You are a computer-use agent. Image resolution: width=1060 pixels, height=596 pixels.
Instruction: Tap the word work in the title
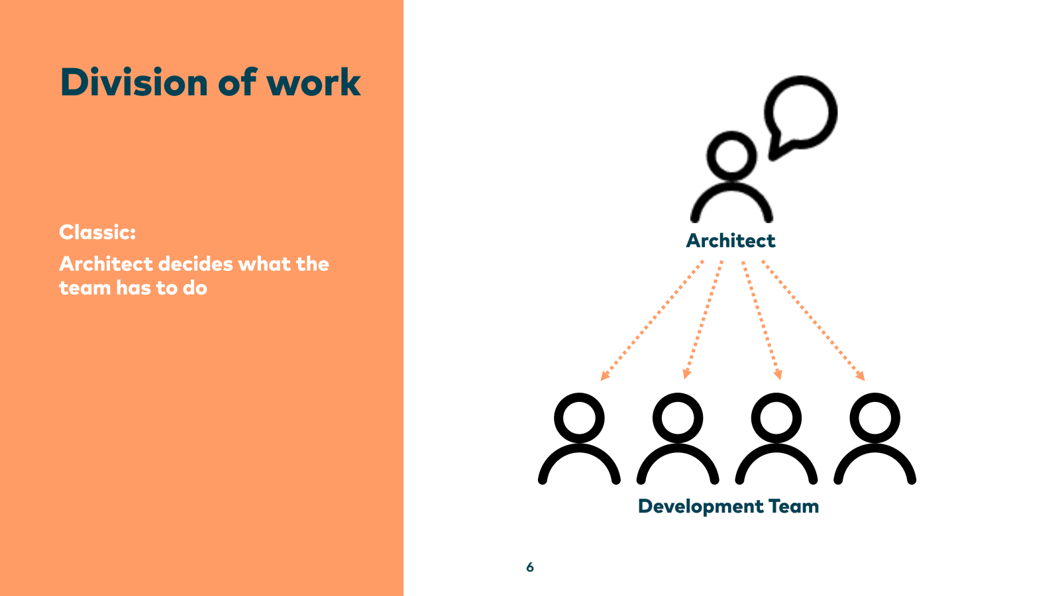(313, 83)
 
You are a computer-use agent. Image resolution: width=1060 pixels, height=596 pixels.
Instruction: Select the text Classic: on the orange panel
(97, 232)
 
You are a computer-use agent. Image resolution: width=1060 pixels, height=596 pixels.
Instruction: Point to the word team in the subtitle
(84, 288)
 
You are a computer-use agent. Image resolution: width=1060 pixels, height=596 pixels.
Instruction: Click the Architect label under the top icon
(730, 240)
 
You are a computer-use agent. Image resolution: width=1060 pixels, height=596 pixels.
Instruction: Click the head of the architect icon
(731, 156)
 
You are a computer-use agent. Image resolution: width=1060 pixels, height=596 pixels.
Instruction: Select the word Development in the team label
(700, 507)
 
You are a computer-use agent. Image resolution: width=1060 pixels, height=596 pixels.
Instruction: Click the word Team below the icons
(794, 507)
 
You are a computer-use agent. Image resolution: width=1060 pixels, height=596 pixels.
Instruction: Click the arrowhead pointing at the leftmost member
(604, 376)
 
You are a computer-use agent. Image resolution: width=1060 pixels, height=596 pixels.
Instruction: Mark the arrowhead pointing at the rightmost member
(861, 376)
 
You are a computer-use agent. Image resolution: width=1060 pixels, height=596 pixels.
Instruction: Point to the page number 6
(530, 567)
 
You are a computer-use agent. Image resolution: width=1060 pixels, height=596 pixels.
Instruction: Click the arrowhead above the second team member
(687, 374)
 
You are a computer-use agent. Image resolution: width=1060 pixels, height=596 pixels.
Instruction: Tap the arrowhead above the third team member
(778, 374)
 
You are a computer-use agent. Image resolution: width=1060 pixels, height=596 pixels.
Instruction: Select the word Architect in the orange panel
(106, 264)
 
